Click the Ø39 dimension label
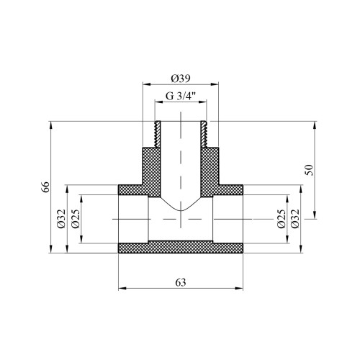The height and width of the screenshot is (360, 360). tap(181, 78)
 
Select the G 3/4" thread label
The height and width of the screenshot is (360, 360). tap(181, 96)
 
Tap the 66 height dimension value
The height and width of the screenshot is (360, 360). tap(45, 187)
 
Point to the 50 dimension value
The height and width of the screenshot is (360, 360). tap(310, 170)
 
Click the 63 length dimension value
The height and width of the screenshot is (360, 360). tap(181, 282)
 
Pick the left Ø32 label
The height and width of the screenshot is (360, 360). tap(61, 219)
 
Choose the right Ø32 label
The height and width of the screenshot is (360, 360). tap(295, 219)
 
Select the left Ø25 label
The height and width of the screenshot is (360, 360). tap(75, 219)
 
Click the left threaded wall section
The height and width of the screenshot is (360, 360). tap(158, 134)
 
